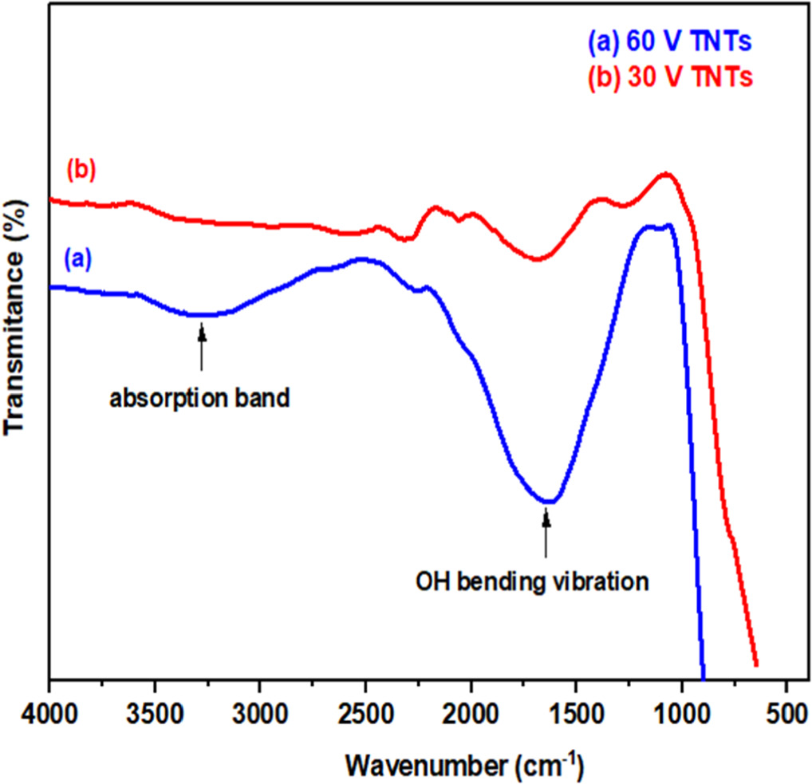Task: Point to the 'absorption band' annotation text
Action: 199,397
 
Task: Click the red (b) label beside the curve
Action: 81,171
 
